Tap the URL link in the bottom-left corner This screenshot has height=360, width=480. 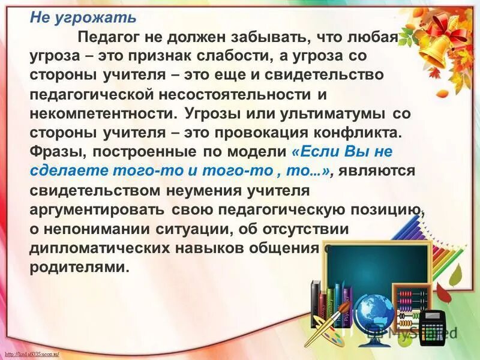pos(35,353)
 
